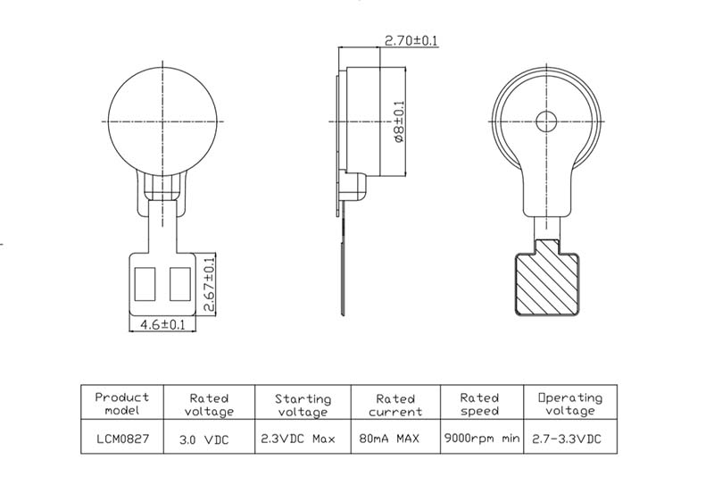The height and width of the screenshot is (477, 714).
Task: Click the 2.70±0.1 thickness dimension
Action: pos(411,40)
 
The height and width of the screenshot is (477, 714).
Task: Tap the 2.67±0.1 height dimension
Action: pos(211,284)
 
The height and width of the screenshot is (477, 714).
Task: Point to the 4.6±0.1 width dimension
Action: pos(162,325)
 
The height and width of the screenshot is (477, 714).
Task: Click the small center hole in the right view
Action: pos(546,121)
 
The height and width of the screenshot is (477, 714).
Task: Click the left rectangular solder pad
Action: pos(145,284)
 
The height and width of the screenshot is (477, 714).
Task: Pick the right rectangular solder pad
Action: pos(179,284)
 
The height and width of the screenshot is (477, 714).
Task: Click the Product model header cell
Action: pos(122,404)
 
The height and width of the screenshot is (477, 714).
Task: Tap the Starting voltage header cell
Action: pos(303,404)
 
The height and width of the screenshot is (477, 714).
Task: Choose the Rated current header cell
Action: pos(395,404)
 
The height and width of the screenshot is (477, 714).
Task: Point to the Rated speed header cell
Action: pos(479,404)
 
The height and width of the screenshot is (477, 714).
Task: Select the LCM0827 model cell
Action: pos(122,439)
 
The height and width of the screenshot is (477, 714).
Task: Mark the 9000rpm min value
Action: pos(479,439)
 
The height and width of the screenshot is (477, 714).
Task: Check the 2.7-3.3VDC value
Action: pos(569,439)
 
